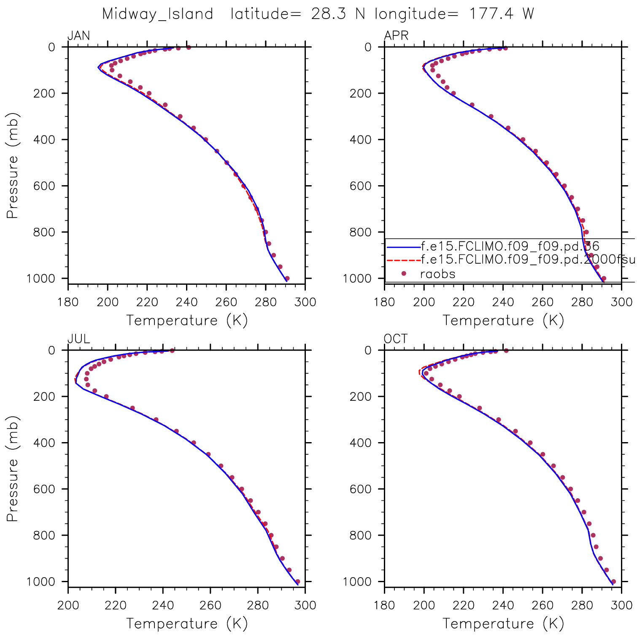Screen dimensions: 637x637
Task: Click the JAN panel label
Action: (x=79, y=35)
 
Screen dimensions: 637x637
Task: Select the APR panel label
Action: (x=396, y=35)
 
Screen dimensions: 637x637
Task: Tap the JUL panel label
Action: (x=79, y=339)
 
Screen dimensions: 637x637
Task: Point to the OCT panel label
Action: (x=396, y=339)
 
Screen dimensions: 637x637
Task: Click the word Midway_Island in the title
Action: (x=158, y=14)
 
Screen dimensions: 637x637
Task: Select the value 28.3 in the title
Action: (x=329, y=14)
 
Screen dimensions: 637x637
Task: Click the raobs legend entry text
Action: (x=438, y=274)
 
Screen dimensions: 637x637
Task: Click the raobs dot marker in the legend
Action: (x=404, y=274)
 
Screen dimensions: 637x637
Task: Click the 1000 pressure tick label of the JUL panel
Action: (x=40, y=582)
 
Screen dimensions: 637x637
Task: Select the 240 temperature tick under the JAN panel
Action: (x=186, y=302)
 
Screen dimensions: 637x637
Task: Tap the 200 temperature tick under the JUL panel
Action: (x=68, y=605)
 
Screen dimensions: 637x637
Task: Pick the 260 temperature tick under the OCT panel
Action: (x=543, y=605)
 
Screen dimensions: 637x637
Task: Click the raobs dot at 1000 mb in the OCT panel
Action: (x=613, y=582)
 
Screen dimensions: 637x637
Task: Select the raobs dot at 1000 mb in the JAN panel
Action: (x=287, y=278)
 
